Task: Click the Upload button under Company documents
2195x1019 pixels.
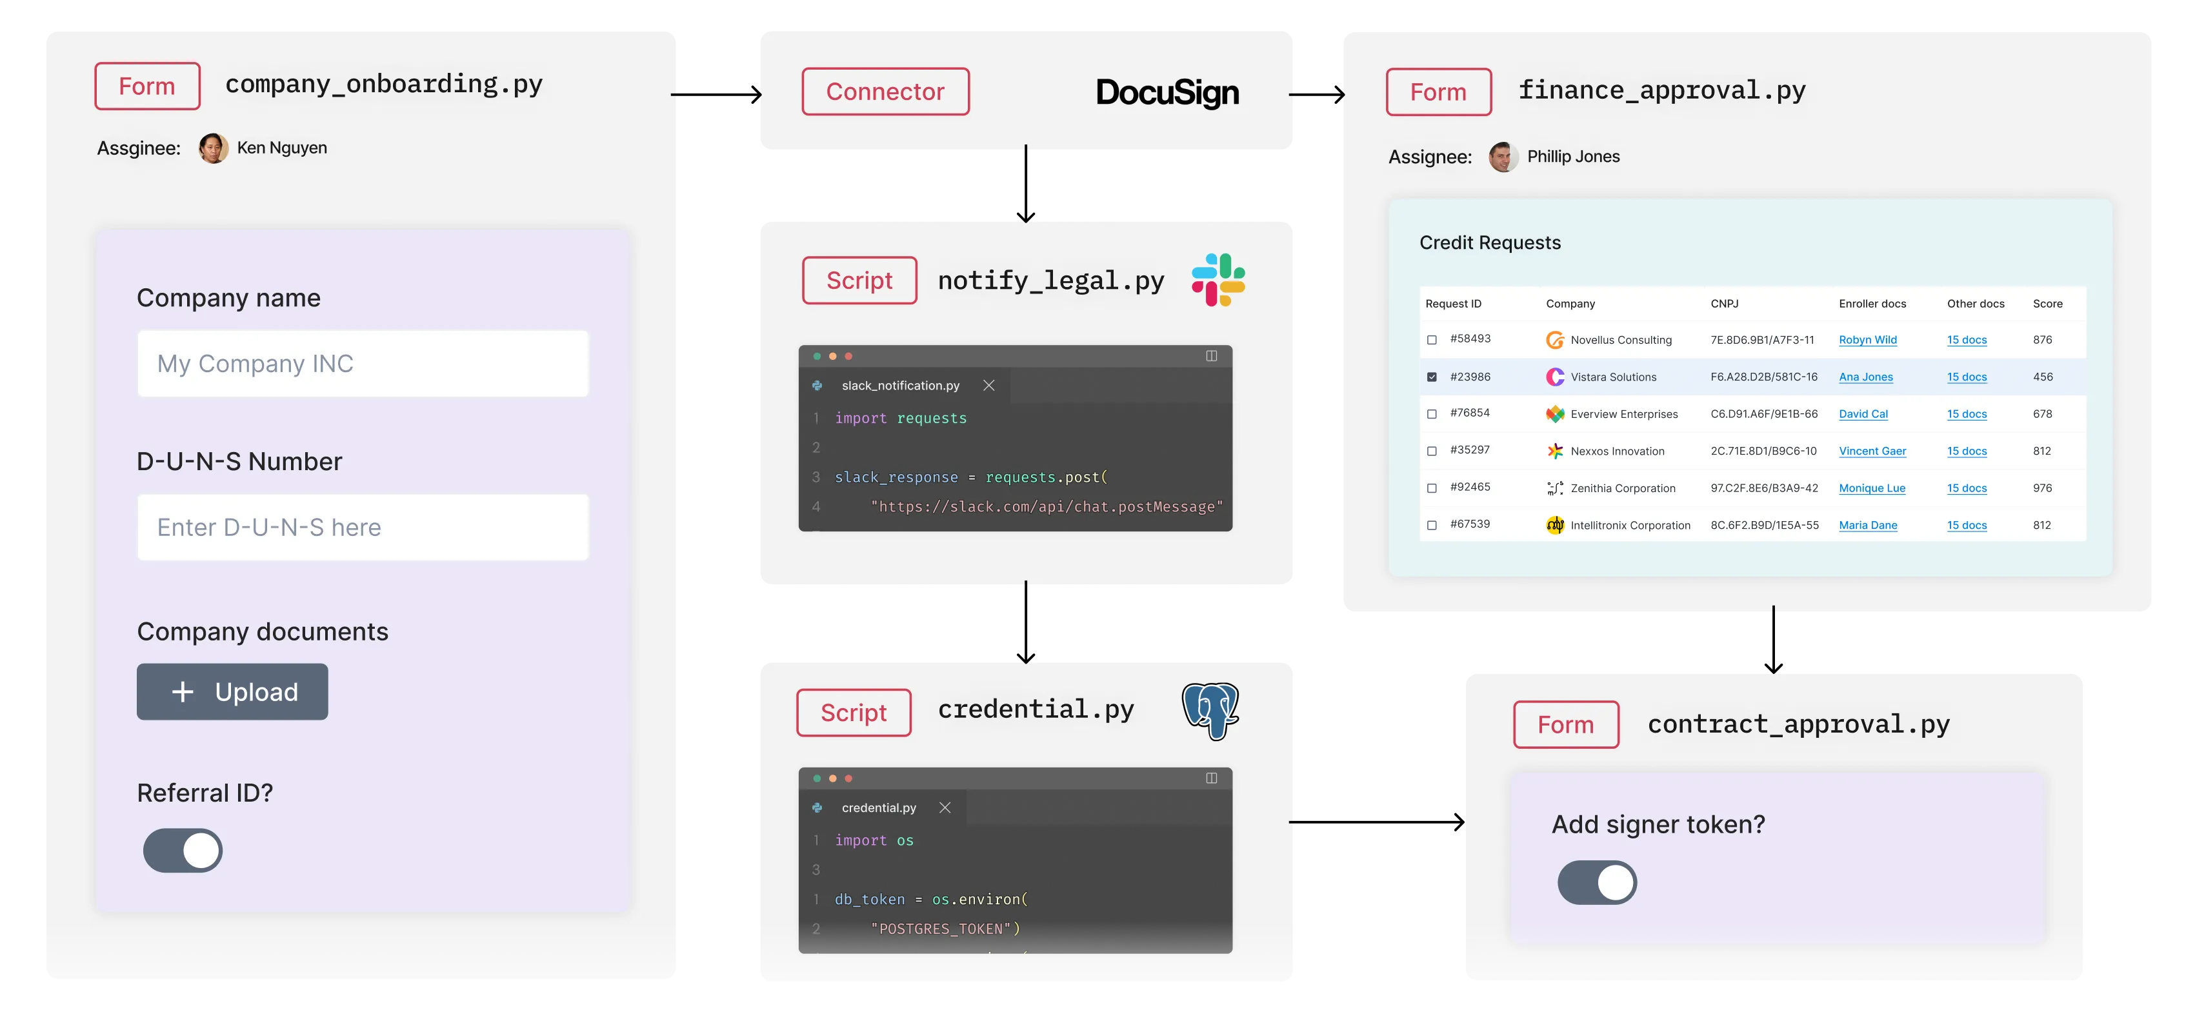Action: pos(232,692)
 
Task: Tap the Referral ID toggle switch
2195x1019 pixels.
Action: pos(183,850)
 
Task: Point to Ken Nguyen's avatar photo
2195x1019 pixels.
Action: pos(213,148)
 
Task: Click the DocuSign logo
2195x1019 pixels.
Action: pos(1167,92)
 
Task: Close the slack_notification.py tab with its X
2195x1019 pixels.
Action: pos(988,385)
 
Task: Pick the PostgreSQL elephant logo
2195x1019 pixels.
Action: pos(1211,711)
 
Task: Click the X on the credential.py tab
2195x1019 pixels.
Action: pos(945,807)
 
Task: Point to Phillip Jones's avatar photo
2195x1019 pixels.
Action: pos(1503,157)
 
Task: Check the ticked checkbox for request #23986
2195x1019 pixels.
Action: pos(1432,377)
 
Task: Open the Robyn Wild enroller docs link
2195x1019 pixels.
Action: pos(1868,340)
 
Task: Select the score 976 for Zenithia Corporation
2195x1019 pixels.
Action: pos(2043,488)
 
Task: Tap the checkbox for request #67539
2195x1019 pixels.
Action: pos(1432,525)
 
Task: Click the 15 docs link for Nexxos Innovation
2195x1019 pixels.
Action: pos(1967,451)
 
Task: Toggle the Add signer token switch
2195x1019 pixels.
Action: pos(1597,883)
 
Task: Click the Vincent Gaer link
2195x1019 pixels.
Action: pos(1872,451)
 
